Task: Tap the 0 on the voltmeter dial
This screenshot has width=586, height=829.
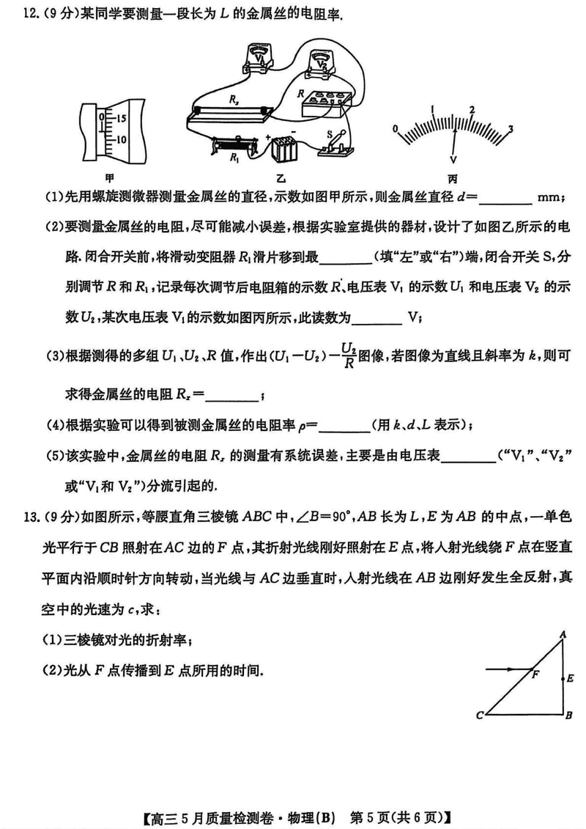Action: (x=396, y=128)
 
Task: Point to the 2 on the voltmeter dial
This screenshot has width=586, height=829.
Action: (x=472, y=110)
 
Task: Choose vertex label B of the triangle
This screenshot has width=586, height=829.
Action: (x=568, y=715)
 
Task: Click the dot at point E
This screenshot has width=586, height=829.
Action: (x=561, y=679)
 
